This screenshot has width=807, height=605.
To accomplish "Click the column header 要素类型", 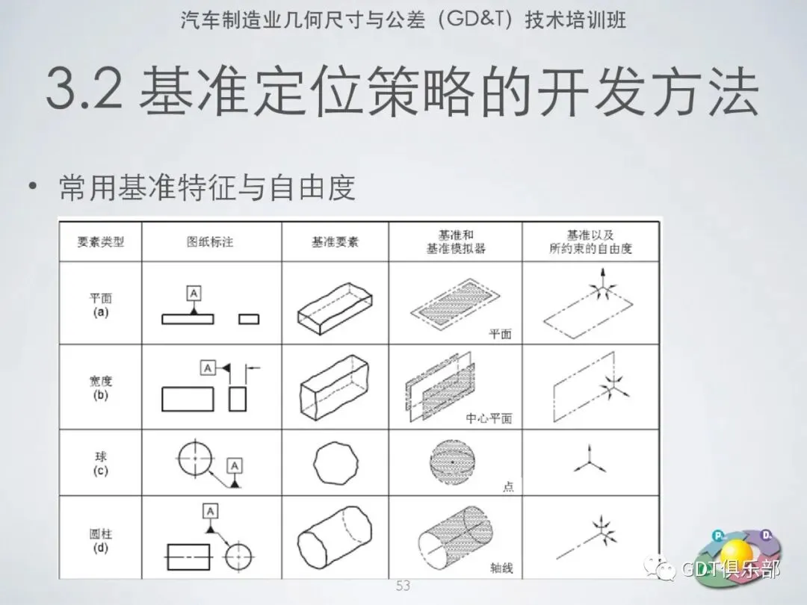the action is [100, 242].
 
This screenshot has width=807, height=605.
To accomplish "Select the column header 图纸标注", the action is [210, 242].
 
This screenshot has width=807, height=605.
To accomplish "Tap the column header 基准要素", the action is [335, 242].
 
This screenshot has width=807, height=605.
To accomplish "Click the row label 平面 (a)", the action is [100, 305].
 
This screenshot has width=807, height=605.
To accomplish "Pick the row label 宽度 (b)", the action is [100, 388].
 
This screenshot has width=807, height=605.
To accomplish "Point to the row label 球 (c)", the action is [100, 464].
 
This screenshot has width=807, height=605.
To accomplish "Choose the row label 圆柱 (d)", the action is [100, 540].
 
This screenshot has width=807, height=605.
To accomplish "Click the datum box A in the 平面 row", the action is [194, 294].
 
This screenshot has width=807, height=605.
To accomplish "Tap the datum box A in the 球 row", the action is [235, 466].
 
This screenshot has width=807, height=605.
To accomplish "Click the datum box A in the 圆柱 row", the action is [210, 511].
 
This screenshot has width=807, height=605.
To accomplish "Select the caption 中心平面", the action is [489, 418].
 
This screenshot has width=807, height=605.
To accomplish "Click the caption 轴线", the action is [501, 568].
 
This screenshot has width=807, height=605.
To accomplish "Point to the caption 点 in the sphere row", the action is [508, 486].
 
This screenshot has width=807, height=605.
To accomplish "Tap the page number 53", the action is [403, 586].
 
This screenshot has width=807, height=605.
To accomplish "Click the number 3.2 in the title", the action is [84, 90].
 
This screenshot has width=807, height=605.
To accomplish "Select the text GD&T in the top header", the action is [477, 19].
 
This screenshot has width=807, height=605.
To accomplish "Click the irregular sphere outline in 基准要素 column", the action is [314, 463].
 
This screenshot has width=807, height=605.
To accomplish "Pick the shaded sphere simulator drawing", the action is [452, 462].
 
